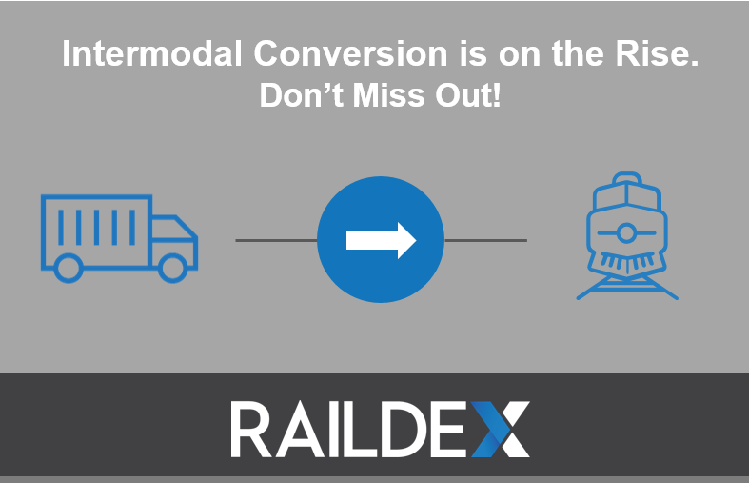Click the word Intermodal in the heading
pos(152,53)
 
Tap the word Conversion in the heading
pos(350,53)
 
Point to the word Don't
pos(302,94)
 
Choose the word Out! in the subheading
pos(468,94)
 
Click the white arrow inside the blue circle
pos(382,240)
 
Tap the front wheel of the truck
pos(173,268)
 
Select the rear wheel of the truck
pos(69,268)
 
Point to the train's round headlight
pos(626,233)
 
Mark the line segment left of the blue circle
pos(277,240)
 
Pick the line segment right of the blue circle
pos(485,240)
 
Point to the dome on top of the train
pos(627,178)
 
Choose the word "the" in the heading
pos(579,53)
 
